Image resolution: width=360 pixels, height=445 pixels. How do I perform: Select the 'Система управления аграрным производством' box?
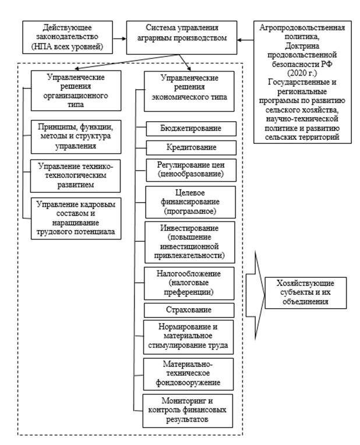[x=182, y=36]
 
